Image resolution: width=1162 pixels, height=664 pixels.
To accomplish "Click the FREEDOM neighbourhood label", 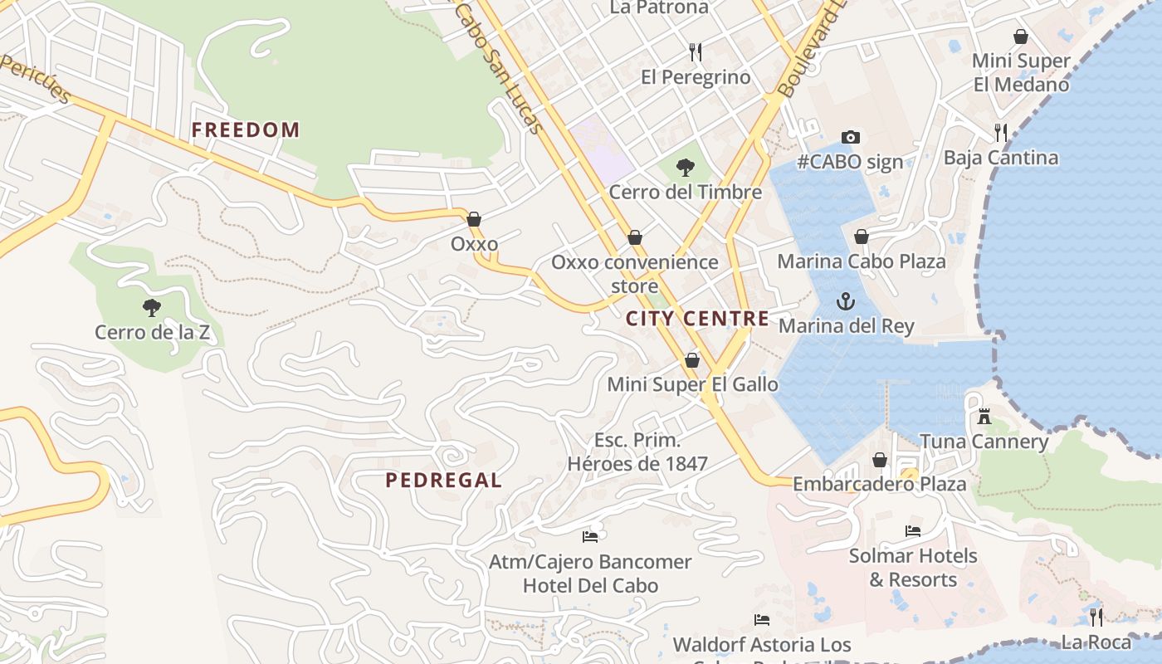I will click(245, 129).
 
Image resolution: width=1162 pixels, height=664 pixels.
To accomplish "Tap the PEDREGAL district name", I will click(443, 480).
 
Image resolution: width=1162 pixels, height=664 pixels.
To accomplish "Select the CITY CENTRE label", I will click(697, 319).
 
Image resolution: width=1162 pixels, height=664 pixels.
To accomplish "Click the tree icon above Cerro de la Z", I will click(151, 308).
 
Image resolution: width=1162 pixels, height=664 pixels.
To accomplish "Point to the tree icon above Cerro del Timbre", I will click(685, 168).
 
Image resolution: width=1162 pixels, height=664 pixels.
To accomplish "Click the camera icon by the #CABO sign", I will click(850, 137).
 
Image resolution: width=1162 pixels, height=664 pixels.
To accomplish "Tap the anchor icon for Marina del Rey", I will click(846, 300).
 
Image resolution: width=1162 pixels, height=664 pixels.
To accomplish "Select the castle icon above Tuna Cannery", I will click(984, 416).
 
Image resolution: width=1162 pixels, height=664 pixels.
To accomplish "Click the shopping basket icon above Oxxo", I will click(474, 219).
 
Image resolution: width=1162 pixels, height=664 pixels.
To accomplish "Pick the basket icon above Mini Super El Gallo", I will click(692, 360).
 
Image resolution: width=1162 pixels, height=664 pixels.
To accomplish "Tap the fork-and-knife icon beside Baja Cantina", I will click(1001, 132).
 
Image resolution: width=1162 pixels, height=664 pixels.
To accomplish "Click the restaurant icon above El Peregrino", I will click(696, 52).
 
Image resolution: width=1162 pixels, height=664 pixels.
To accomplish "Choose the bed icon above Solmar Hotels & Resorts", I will click(913, 530).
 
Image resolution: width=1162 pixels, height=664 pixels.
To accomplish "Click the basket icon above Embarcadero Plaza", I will click(880, 460).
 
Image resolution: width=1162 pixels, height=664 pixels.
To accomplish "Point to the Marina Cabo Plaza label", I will click(861, 261).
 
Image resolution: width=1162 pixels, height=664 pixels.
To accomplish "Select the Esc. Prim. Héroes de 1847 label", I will click(637, 452).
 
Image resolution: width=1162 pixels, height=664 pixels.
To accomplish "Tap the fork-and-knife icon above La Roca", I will click(1096, 617).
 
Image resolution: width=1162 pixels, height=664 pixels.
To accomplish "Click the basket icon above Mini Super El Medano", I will click(1021, 37).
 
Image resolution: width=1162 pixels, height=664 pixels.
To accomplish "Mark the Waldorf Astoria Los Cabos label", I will click(762, 645).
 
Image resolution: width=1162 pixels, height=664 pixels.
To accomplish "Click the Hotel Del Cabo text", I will click(590, 585).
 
